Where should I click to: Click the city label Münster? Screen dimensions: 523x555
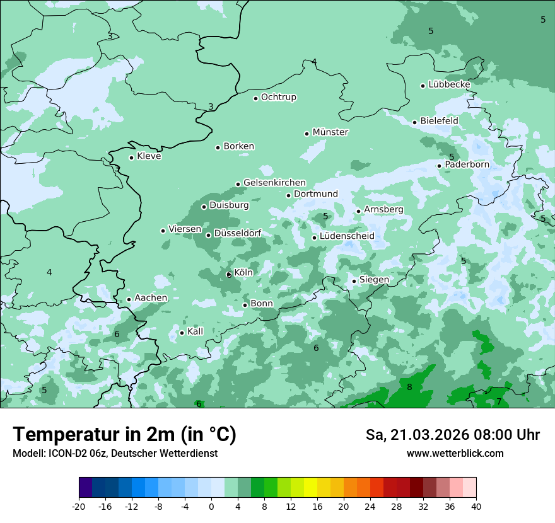point(330,132)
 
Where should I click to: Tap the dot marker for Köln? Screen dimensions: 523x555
point(229,275)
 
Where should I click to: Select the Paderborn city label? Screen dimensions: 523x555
point(467,164)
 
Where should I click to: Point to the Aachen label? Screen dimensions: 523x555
point(151,298)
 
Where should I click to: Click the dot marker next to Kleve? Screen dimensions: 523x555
point(131,158)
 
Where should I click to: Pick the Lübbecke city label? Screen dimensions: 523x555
point(449,84)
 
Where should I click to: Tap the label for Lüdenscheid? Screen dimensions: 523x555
point(347,236)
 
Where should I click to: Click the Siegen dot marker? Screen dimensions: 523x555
point(354,281)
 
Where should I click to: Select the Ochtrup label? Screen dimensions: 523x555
point(279,97)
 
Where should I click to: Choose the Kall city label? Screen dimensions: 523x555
point(196,331)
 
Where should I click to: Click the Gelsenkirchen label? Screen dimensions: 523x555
point(274,183)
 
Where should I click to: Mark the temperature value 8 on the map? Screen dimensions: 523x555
point(409,387)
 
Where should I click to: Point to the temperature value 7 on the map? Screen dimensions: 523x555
point(499,401)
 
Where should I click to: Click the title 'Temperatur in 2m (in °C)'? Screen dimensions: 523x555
point(124,434)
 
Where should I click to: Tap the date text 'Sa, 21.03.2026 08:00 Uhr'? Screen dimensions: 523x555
point(452,435)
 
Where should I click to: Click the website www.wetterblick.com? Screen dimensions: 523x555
point(455,454)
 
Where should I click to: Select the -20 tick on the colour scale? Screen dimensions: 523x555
point(79,506)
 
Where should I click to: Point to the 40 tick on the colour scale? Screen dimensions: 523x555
point(476,506)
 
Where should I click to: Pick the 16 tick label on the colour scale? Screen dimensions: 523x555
point(317,506)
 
